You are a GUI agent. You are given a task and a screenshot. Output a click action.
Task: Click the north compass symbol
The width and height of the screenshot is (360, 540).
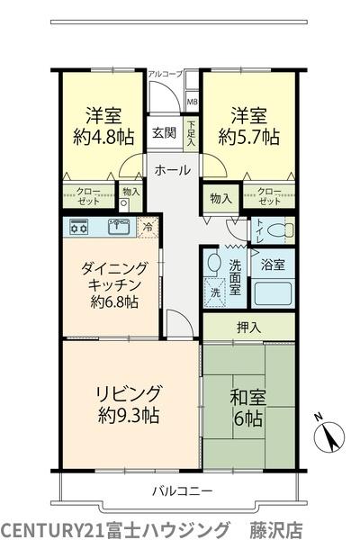click(329, 435)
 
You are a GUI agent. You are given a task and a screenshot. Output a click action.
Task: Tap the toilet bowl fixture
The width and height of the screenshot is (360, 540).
click(282, 230)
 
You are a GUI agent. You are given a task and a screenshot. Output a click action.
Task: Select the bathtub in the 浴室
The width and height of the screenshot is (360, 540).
click(273, 293)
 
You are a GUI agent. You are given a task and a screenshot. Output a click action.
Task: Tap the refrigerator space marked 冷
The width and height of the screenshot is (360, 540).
click(148, 228)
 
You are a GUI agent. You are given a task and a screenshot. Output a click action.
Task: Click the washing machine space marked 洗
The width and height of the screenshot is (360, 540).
click(215, 292)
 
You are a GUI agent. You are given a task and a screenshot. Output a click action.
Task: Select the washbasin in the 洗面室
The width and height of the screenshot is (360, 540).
click(214, 263)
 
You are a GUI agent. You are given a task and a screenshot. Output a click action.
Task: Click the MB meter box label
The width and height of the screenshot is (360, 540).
click(193, 102)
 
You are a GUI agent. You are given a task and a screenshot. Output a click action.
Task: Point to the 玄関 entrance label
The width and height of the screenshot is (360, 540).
click(165, 132)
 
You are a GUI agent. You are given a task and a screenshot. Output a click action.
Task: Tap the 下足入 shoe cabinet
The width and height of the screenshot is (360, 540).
click(191, 133)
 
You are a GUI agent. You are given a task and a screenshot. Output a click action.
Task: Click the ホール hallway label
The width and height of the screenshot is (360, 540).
click(173, 170)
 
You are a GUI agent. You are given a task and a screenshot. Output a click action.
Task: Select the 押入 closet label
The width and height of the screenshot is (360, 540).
click(248, 328)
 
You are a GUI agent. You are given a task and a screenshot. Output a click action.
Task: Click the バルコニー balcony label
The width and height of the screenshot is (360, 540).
click(183, 490)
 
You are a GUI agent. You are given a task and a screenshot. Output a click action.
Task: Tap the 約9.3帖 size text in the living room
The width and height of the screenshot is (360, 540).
click(129, 415)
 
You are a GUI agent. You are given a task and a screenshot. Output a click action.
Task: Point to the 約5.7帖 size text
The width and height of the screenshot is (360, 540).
click(248, 137)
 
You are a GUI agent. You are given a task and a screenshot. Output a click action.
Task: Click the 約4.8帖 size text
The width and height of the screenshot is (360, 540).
click(103, 137)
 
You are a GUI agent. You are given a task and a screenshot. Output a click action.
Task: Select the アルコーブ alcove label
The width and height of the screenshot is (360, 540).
click(165, 74)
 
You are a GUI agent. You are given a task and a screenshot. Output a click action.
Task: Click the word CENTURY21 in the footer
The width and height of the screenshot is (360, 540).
click(53, 529)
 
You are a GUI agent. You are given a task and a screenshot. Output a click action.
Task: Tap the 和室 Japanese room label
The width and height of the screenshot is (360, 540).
click(248, 398)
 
